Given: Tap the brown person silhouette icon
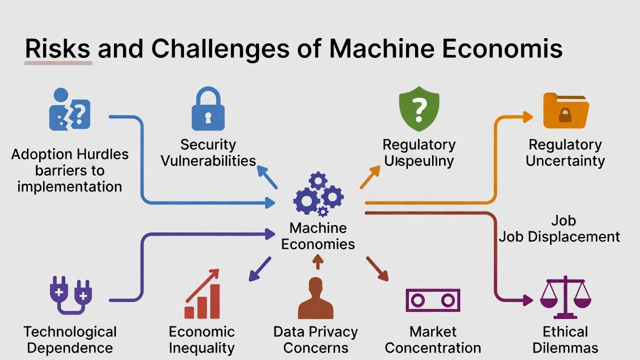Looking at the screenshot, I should coord(315,298).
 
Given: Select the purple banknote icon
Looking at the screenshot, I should coord(432,300).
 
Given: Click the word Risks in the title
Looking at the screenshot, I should coord(58,49).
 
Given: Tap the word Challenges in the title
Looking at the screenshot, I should coord(220,49).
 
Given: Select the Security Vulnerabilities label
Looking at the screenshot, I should coord(208,152).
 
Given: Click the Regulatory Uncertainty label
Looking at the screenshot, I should coord(565,152).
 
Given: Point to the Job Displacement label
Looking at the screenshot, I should coord(559,236).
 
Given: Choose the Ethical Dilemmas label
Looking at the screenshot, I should coord(565,339).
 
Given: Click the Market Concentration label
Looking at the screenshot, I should coord(432,339).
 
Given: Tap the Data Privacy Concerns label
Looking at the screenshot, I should coord(315,339).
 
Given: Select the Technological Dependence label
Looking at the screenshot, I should coord(70,339).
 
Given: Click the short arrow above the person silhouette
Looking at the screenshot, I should coord(317,261).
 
